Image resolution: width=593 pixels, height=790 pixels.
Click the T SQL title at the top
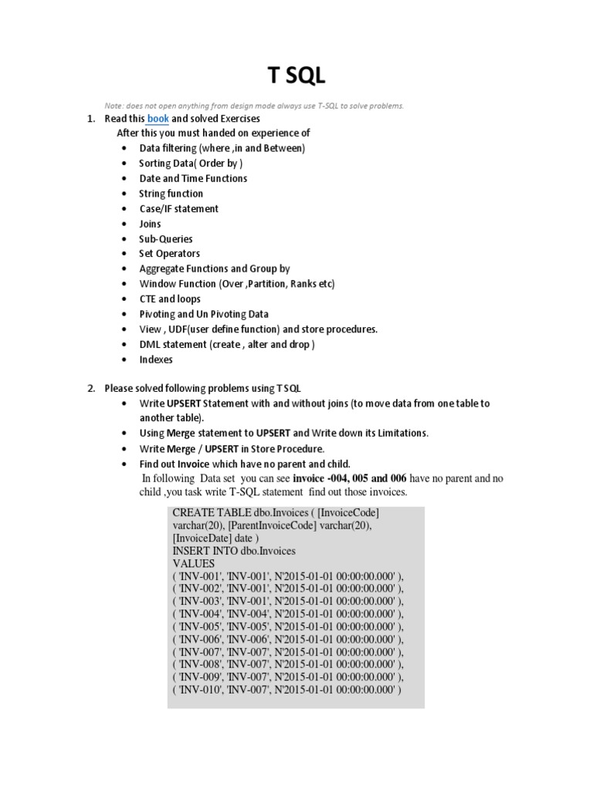[x=296, y=76]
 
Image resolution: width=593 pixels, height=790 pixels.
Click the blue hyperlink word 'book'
[x=158, y=119]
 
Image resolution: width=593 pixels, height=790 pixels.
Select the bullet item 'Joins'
[x=150, y=224]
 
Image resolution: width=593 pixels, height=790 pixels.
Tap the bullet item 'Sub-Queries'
[x=165, y=239]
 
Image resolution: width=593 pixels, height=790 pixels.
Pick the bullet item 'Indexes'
[x=156, y=360]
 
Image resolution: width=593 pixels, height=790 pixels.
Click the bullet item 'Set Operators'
[x=169, y=254]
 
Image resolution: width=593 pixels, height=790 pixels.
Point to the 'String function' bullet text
[x=171, y=194]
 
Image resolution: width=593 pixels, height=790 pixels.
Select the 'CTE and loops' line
[x=169, y=299]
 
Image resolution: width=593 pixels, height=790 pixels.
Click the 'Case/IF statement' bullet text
[x=178, y=209]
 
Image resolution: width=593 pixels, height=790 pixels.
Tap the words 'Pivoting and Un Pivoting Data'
[x=204, y=314]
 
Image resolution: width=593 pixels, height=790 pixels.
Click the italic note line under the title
[x=254, y=106]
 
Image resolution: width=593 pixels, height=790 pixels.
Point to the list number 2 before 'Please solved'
[x=90, y=388]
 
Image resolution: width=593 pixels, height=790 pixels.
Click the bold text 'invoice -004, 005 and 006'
[x=350, y=478]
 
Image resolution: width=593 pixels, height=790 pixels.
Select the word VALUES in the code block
[x=193, y=564]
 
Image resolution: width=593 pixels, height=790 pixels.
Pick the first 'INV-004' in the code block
[x=199, y=614]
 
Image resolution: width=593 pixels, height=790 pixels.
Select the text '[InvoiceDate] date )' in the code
[x=216, y=538]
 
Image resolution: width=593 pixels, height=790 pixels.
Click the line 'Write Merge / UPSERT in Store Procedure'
[x=232, y=449]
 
